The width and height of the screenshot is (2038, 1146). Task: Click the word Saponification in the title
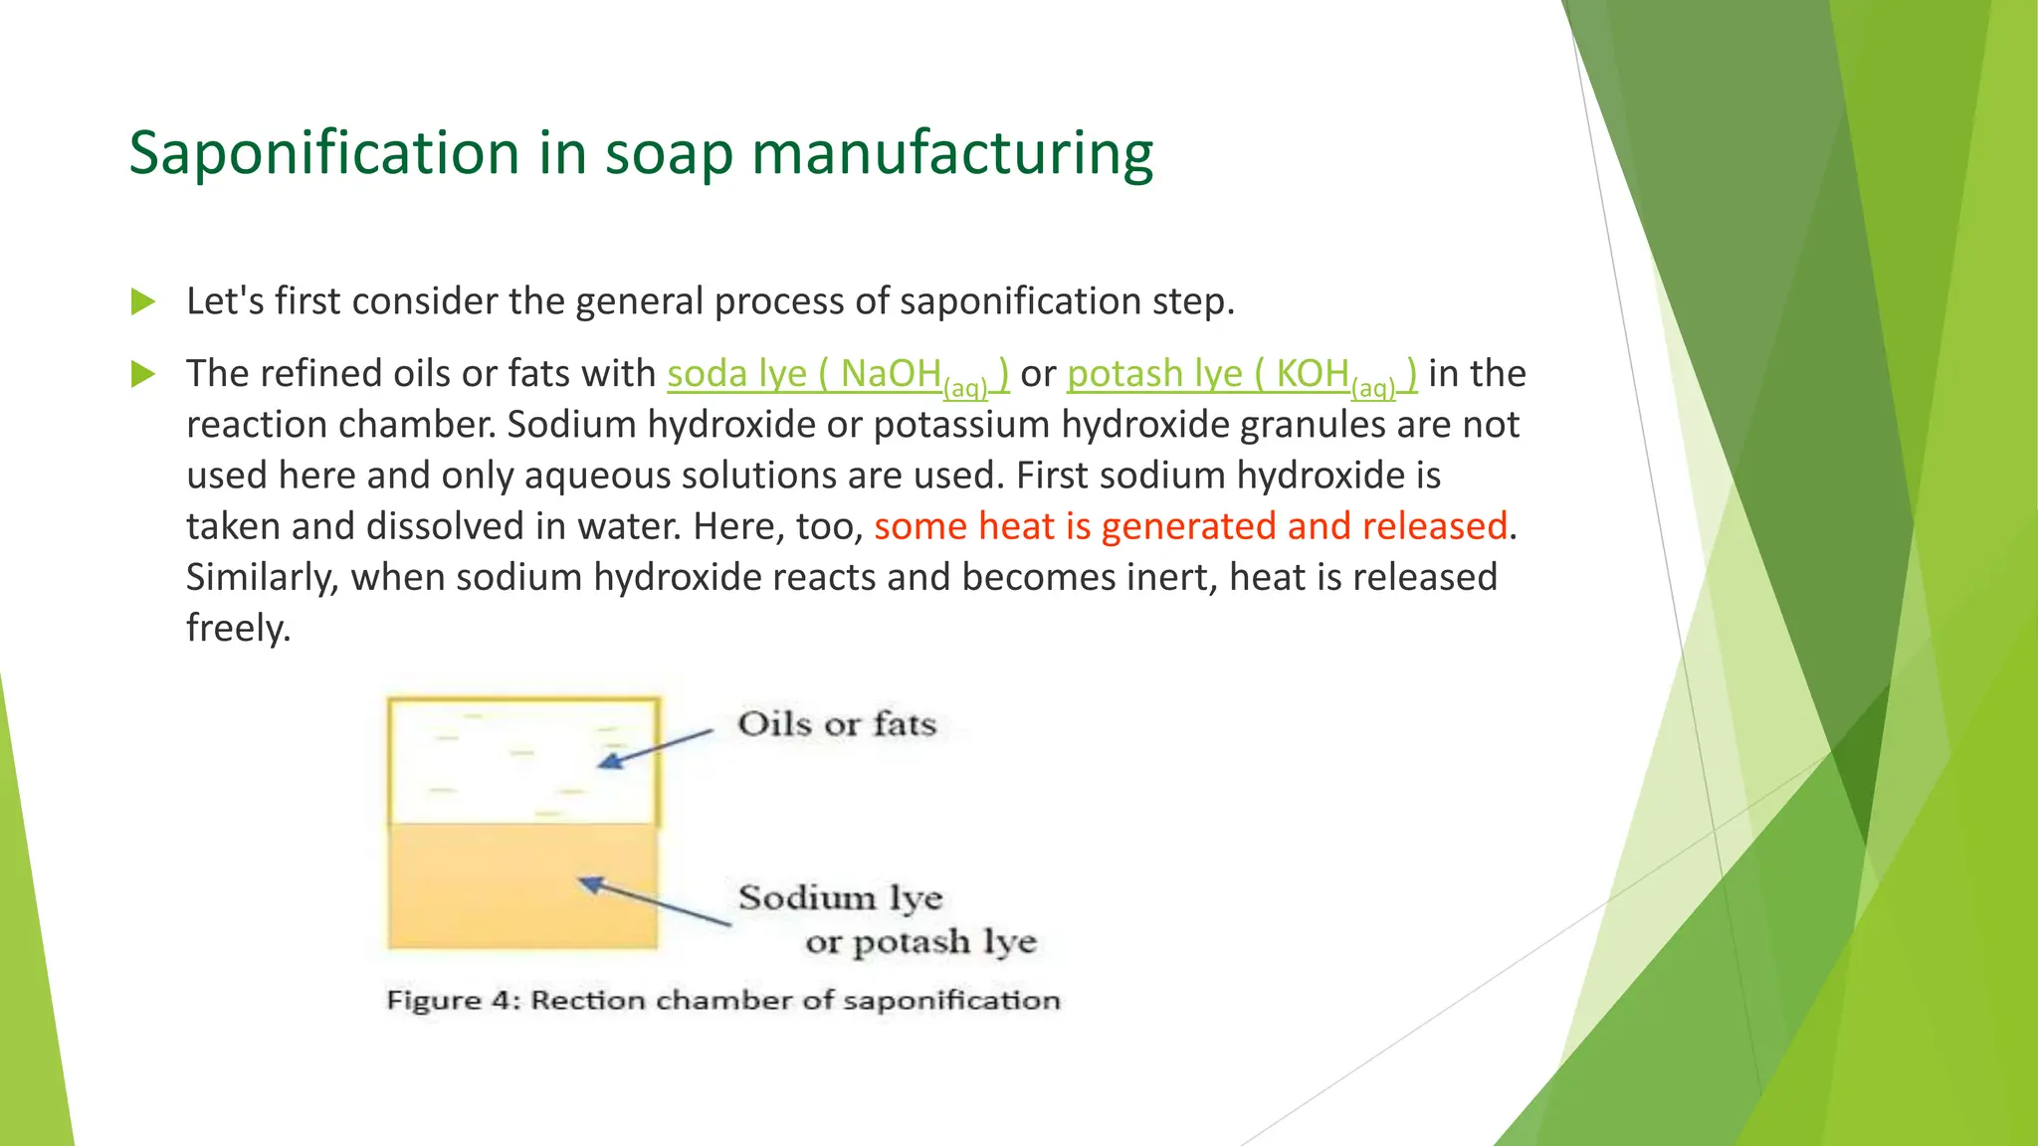coord(324,153)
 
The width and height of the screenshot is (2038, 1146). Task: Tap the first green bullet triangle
coord(143,301)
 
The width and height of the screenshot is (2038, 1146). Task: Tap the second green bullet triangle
coord(143,374)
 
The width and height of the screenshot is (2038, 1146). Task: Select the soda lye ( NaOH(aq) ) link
coord(837,375)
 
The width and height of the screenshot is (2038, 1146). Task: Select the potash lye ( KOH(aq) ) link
coord(1241,375)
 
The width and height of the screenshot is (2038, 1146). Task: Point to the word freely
coord(238,629)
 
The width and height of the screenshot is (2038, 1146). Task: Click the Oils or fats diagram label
coord(837,724)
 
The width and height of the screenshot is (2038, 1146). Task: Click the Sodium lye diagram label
coord(840,898)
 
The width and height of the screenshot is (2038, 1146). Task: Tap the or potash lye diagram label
coord(920,942)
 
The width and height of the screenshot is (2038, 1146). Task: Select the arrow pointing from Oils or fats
coord(657,748)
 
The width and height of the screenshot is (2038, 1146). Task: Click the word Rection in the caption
coord(587,1001)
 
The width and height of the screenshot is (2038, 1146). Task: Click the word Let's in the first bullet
coord(225,301)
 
